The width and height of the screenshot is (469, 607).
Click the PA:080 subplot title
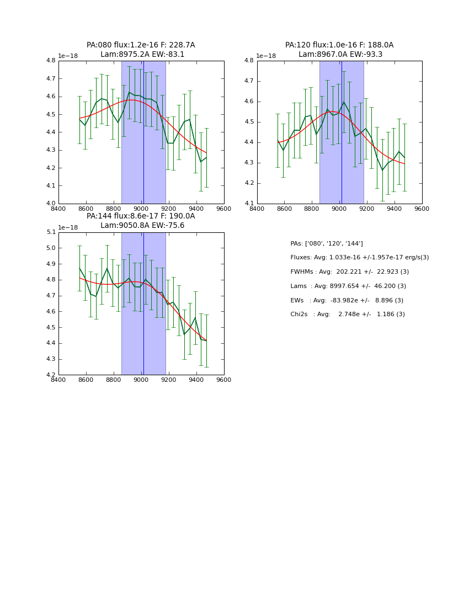pyautogui.click(x=141, y=50)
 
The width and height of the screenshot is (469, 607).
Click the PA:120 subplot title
pyautogui.click(x=339, y=50)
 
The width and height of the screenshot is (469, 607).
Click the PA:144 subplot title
pyautogui.click(x=141, y=221)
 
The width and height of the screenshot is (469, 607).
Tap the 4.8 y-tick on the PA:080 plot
pyautogui.click(x=51, y=61)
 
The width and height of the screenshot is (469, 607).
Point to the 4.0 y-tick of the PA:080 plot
pyautogui.click(x=51, y=203)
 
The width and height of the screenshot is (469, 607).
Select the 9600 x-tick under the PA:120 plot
pyautogui.click(x=422, y=209)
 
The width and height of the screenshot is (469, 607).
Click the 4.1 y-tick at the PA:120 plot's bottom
pyautogui.click(x=249, y=204)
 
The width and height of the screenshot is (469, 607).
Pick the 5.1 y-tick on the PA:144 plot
pyautogui.click(x=51, y=232)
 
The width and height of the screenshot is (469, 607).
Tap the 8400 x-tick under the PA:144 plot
pyautogui.click(x=58, y=380)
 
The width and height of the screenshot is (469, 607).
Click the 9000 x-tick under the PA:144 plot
pyautogui.click(x=141, y=380)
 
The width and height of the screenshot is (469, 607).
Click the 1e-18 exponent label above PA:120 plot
pyautogui.click(x=266, y=56)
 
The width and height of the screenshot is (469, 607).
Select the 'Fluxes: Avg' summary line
pyautogui.click(x=359, y=258)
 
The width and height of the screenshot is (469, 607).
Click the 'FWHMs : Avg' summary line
pyautogui.click(x=350, y=272)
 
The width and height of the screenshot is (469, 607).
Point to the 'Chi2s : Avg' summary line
pyautogui.click(x=348, y=315)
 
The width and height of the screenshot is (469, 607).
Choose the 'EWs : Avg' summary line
pyautogui.click(x=347, y=300)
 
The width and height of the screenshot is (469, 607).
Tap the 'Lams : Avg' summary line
pyautogui.click(x=348, y=286)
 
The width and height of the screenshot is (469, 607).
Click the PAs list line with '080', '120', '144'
pyautogui.click(x=327, y=243)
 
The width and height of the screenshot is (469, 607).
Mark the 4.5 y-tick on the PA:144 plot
pyautogui.click(x=51, y=327)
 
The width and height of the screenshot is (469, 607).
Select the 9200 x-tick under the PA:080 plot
pyautogui.click(x=169, y=209)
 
